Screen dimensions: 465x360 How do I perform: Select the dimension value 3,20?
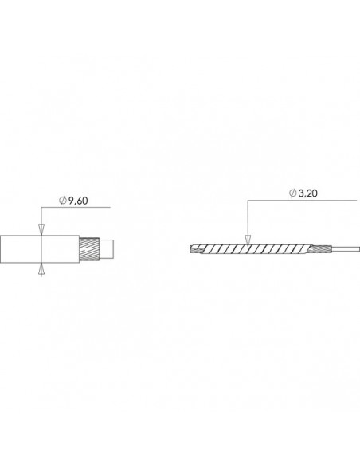click(x=307, y=193)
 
